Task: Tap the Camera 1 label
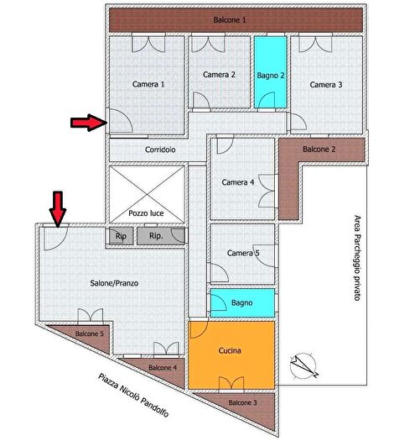tap(148, 84)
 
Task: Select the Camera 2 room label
tap(220, 75)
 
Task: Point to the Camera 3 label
tap(326, 84)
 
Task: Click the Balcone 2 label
tap(319, 150)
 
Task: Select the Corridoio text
tap(160, 150)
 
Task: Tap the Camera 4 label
tap(238, 182)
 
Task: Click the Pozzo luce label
tap(146, 213)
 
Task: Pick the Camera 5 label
tap(243, 253)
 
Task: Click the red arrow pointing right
tap(86, 123)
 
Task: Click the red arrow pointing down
tap(57, 208)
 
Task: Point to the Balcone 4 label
tap(162, 368)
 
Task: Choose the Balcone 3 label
tap(243, 404)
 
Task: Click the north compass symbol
tap(303, 365)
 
